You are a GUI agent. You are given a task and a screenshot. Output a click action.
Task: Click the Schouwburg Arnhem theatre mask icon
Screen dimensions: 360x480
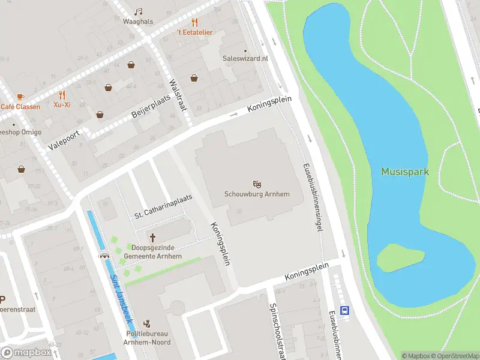(x=257, y=183)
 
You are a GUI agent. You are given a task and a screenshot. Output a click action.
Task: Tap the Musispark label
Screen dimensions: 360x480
(x=405, y=172)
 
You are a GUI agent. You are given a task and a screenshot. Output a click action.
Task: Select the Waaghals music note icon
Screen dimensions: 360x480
(x=139, y=11)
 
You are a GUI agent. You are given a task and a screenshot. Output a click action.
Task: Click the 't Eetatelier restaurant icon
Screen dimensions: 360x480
(x=194, y=22)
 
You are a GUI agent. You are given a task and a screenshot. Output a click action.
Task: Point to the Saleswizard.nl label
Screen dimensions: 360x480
(x=245, y=59)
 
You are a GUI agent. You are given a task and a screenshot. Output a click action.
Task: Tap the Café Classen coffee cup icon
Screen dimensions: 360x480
(x=20, y=97)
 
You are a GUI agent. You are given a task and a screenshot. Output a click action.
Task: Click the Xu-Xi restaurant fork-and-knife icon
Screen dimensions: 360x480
(x=62, y=95)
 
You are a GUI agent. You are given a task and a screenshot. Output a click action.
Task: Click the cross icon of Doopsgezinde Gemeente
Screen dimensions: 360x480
(x=152, y=238)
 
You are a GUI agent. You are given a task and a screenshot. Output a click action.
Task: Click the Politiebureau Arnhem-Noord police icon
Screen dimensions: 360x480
(x=148, y=323)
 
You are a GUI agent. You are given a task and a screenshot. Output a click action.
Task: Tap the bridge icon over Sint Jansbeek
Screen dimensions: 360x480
(x=105, y=256)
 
